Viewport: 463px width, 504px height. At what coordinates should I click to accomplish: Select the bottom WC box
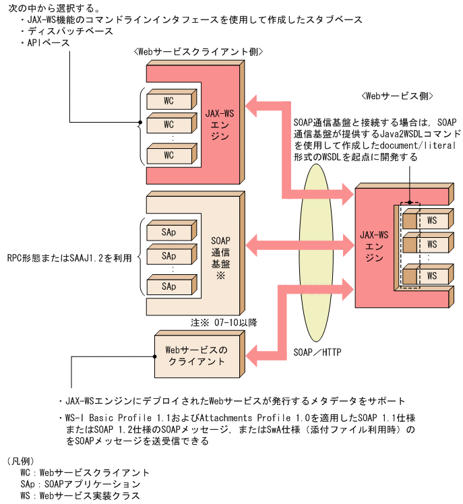(168, 155)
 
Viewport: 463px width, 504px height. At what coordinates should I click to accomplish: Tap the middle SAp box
(168, 257)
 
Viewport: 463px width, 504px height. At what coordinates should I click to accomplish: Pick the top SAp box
(168, 232)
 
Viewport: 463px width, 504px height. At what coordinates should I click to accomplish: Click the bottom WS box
(431, 276)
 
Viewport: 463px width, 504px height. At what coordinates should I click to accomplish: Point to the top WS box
(431, 220)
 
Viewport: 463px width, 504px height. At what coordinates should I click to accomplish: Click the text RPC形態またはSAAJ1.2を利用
(66, 257)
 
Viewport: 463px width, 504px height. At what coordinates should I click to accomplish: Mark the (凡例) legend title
(22, 462)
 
